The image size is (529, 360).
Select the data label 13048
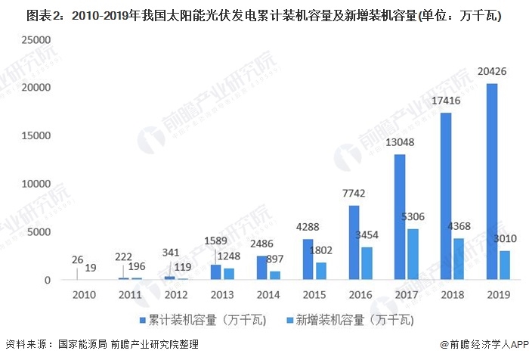coord(401,144)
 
